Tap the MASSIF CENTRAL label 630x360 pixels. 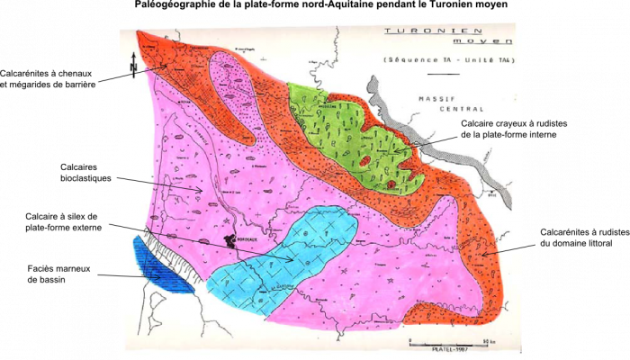438,101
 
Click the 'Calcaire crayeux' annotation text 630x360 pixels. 490,123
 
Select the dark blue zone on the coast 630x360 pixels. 163,266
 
